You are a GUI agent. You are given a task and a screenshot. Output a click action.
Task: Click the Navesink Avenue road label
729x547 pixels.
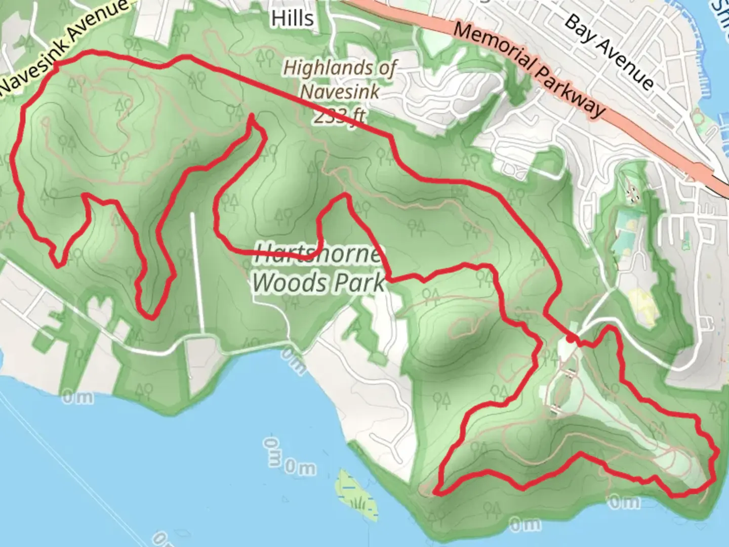click(x=63, y=48)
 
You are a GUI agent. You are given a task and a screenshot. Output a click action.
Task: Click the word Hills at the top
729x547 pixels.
click(x=292, y=19)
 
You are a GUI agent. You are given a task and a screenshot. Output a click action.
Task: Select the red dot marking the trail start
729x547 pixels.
click(x=571, y=339)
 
